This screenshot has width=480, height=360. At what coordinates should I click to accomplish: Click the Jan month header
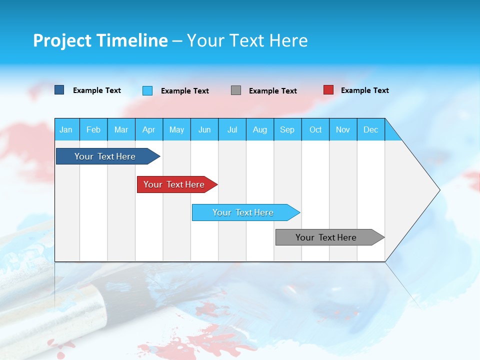pyautogui.click(x=66, y=129)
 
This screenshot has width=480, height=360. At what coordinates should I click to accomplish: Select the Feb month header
pyautogui.click(x=93, y=129)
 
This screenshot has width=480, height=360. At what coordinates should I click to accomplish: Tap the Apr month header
pyautogui.click(x=148, y=129)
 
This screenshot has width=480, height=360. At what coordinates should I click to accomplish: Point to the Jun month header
pyautogui.click(x=204, y=129)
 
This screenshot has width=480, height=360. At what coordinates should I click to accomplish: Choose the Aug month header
pyautogui.click(x=259, y=129)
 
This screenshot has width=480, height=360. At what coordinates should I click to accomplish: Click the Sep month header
pyautogui.click(x=287, y=129)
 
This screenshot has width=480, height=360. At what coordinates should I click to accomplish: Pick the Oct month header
pyautogui.click(x=315, y=129)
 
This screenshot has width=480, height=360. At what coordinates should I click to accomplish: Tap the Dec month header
pyautogui.click(x=370, y=129)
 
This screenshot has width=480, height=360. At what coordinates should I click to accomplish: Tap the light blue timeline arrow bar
pyautogui.click(x=243, y=212)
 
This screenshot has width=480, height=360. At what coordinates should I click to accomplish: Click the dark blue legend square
pyautogui.click(x=59, y=90)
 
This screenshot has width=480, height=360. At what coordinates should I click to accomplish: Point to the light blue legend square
pyautogui.click(x=147, y=90)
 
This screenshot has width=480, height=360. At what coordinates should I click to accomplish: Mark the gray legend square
pyautogui.click(x=236, y=90)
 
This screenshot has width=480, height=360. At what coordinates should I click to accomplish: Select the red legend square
pyautogui.click(x=328, y=90)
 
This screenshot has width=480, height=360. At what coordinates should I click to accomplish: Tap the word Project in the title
pyautogui.click(x=61, y=40)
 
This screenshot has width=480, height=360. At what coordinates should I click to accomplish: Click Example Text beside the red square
pyautogui.click(x=364, y=90)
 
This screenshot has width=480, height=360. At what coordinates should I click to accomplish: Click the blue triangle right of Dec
pyautogui.click(x=391, y=133)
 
